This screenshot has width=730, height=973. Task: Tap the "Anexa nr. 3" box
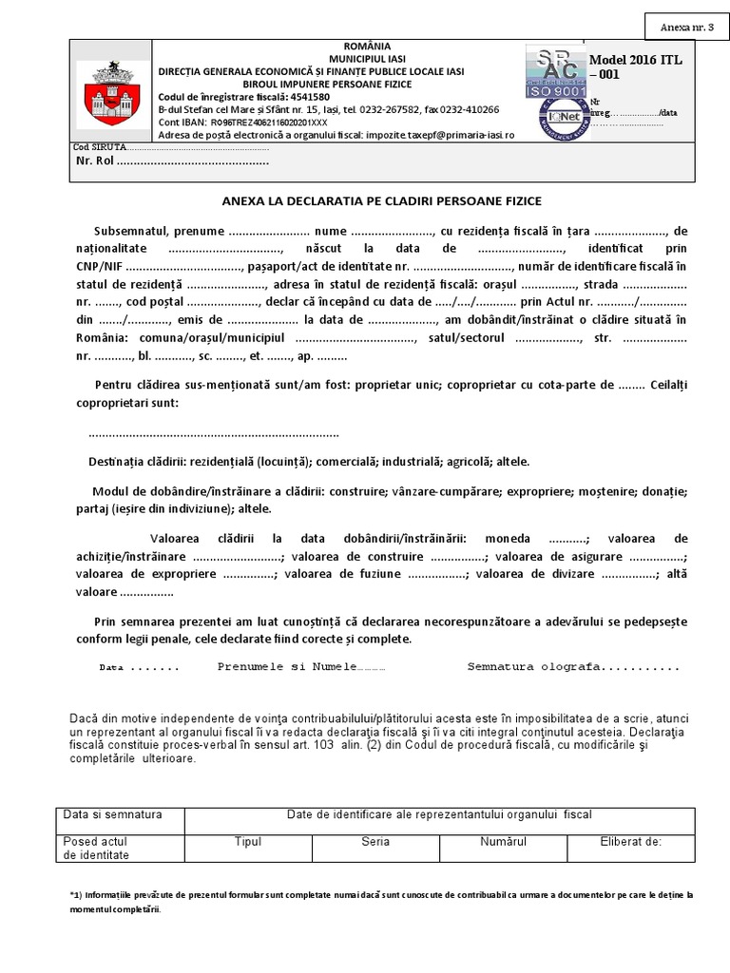(685, 26)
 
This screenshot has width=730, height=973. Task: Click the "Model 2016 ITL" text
(636, 61)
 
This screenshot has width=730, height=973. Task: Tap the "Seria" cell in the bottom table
(375, 842)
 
